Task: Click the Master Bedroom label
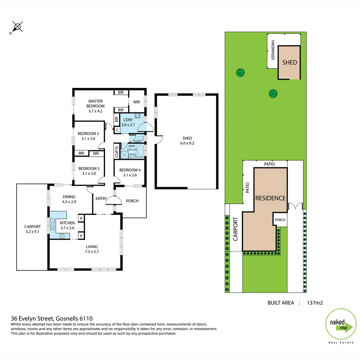click(x=95, y=104)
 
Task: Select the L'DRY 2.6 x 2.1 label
click(x=128, y=122)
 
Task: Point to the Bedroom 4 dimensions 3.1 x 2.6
click(x=130, y=175)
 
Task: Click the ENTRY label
click(x=101, y=199)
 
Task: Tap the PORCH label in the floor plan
click(x=132, y=201)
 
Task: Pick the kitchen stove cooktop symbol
click(x=62, y=236)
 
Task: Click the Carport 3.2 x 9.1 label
click(x=32, y=229)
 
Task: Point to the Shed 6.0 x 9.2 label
click(x=187, y=141)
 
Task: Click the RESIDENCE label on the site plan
click(x=270, y=198)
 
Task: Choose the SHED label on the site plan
click(x=289, y=62)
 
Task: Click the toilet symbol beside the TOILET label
click(x=140, y=137)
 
